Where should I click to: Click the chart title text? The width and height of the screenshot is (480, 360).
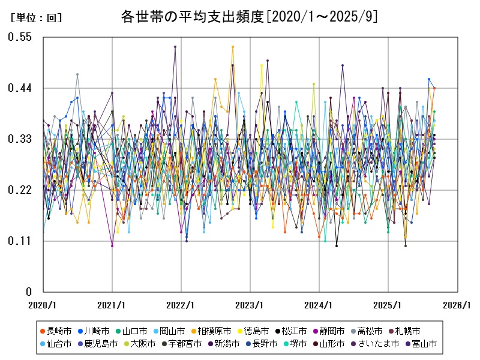(x=249, y=16)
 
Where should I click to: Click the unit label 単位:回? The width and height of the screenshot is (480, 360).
(x=36, y=18)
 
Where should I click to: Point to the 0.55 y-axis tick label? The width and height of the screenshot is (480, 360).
(x=19, y=37)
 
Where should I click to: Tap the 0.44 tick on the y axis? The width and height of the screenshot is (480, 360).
(x=19, y=88)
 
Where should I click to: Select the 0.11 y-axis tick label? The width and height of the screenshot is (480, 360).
(x=19, y=241)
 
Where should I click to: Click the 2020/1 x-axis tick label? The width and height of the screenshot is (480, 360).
(x=43, y=305)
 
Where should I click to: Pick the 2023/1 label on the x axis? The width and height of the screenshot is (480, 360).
(x=250, y=305)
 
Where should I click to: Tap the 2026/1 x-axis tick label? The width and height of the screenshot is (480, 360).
(x=457, y=305)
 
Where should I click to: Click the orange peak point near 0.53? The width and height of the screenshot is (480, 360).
(x=233, y=47)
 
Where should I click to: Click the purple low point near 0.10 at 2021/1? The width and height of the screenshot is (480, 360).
(x=112, y=245)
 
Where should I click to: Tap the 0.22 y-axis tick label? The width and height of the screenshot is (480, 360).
(x=19, y=190)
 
